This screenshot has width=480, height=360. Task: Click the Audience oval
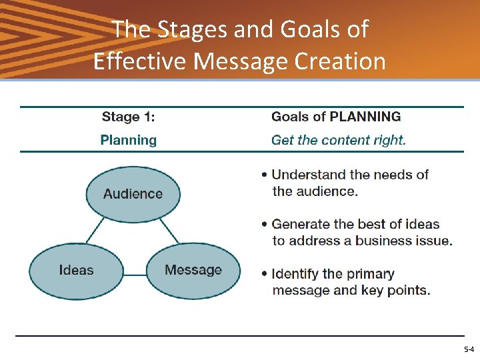tap(133, 194)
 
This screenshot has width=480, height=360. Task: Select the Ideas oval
tap(76, 271)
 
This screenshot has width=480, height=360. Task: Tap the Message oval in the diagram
tap(193, 271)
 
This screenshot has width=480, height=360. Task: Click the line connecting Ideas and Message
tap(135, 274)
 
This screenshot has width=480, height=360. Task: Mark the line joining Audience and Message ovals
tap(169, 232)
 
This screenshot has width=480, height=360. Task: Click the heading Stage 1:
tap(128, 117)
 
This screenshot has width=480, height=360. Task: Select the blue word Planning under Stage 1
tap(128, 140)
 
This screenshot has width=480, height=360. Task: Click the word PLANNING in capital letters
tap(365, 117)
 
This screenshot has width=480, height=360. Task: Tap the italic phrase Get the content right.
tap(338, 140)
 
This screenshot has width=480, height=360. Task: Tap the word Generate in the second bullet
tap(303, 224)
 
